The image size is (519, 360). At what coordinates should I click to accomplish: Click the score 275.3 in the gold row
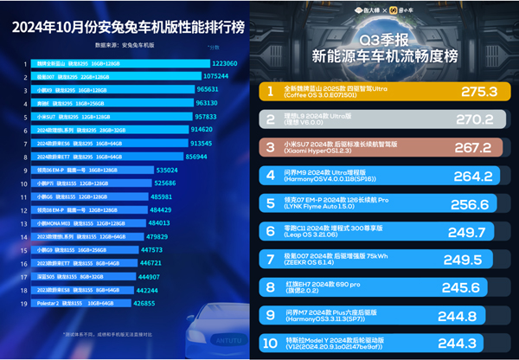460,90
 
